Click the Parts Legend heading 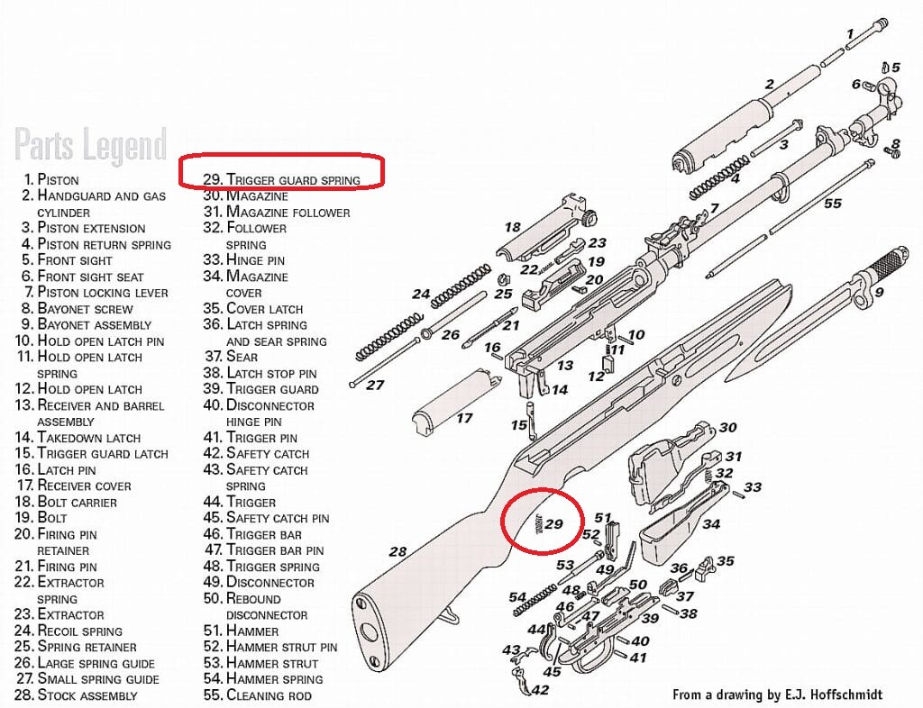(90, 145)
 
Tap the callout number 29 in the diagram (553, 524)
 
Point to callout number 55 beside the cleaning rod (832, 204)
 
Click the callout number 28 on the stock (398, 550)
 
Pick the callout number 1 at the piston (849, 33)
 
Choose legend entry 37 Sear (240, 357)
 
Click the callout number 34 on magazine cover (711, 523)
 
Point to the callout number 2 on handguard (769, 85)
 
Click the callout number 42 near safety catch (539, 690)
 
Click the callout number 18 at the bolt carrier (512, 228)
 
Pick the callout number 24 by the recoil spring (421, 294)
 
